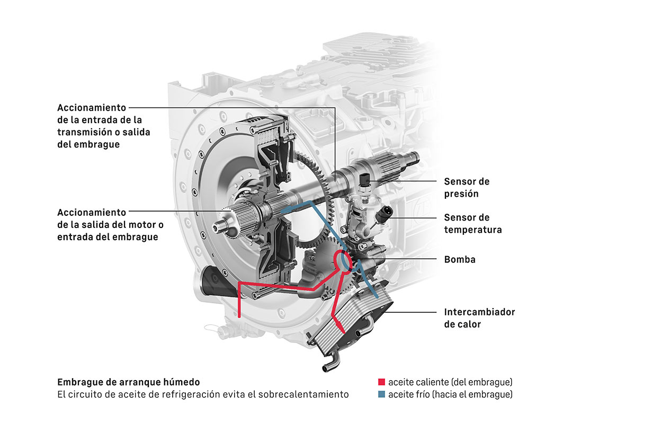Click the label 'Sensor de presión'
point(467,188)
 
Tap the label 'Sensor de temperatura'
point(472,224)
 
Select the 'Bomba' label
point(459,260)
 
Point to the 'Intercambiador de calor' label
point(479,318)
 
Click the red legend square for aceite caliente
point(381,382)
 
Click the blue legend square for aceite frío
point(381,395)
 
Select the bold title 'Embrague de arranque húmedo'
point(128,382)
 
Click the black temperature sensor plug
point(385,214)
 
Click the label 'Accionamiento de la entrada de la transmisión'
point(103,126)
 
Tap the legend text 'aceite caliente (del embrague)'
point(450,382)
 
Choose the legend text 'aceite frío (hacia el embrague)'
point(450,395)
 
